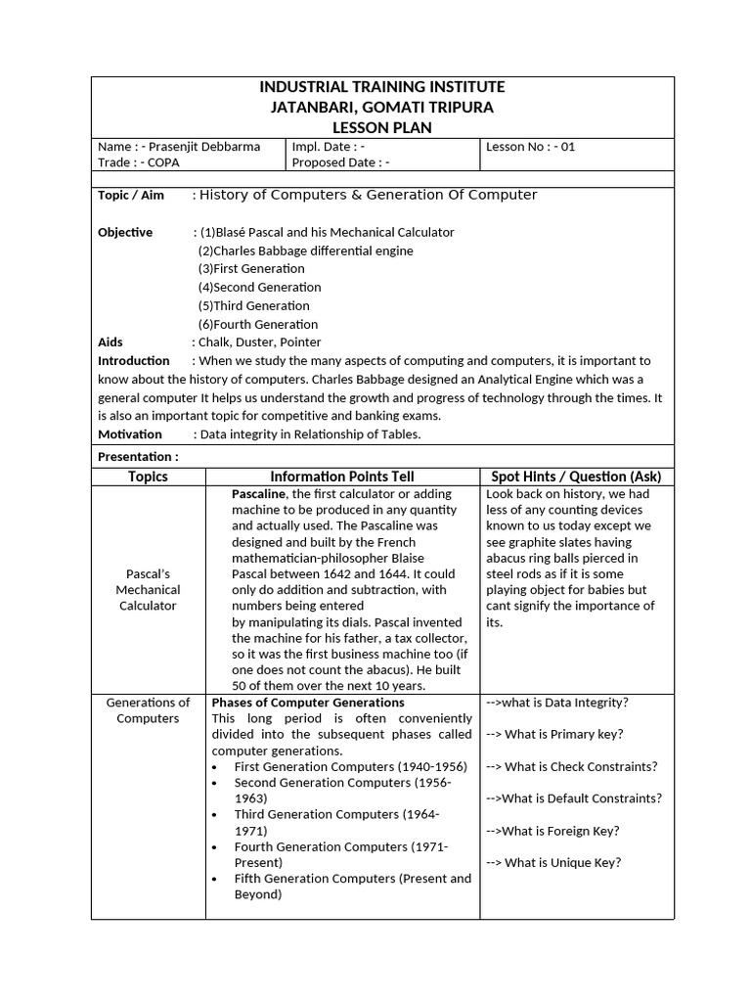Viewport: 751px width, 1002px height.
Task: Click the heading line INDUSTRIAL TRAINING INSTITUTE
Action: coord(382,87)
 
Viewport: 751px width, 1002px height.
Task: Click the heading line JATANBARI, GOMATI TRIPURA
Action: coord(382,108)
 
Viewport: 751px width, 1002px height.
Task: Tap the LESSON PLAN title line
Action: coord(382,128)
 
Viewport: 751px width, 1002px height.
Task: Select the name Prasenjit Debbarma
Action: coord(206,147)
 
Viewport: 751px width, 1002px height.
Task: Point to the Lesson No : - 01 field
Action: coord(530,147)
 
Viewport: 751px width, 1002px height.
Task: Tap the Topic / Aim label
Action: coord(131,196)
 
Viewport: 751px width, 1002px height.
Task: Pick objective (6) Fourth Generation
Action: coord(257,324)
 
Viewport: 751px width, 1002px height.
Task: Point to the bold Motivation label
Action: coord(130,434)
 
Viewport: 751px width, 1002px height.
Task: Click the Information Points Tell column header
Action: coord(342,477)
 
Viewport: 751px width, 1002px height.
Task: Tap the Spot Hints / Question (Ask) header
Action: coord(576,477)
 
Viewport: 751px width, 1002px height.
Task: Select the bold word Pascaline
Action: coord(259,494)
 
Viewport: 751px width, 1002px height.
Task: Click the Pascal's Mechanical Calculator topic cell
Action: coord(148,590)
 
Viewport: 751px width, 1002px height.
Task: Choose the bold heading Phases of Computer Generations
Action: coord(308,703)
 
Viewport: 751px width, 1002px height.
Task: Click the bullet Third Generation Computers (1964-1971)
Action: coord(337,822)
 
